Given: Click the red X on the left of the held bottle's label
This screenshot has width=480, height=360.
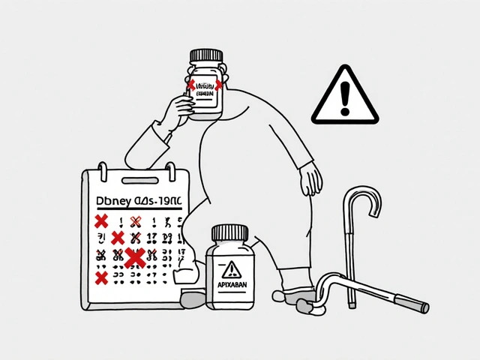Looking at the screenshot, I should pyautogui.click(x=191, y=85).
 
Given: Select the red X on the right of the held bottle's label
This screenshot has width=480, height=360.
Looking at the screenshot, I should pyautogui.click(x=219, y=85).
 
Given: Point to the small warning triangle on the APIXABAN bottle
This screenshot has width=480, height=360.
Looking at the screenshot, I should pyautogui.click(x=231, y=268).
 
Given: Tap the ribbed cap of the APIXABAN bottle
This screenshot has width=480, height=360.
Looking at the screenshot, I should pyautogui.click(x=231, y=233).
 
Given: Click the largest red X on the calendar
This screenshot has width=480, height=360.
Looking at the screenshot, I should pyautogui.click(x=135, y=257).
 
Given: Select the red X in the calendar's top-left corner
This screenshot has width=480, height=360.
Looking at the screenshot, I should pyautogui.click(x=99, y=221).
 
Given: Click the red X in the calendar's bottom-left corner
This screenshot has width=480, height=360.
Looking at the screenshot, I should pyautogui.click(x=100, y=278).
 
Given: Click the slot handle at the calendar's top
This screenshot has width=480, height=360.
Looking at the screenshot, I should pyautogui.click(x=138, y=181).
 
